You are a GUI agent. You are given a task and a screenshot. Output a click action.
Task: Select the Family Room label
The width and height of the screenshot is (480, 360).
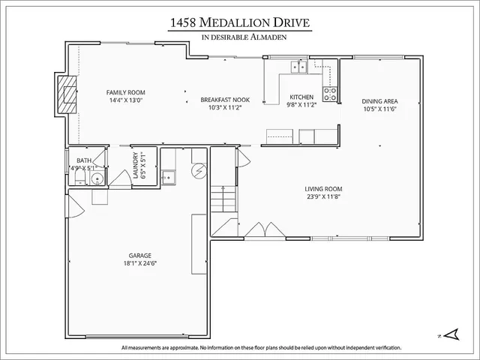point(125,92)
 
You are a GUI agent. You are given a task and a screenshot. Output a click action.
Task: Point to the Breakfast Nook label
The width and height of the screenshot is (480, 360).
point(225,100)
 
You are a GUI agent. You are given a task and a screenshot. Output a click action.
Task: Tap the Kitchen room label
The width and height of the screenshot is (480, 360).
point(301,97)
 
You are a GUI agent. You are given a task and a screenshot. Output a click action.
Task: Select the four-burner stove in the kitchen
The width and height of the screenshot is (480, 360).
point(329,94)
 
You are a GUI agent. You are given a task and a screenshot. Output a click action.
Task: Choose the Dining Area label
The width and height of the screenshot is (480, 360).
point(379,101)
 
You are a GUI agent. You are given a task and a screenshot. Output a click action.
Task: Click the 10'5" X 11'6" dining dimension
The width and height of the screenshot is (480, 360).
point(379,109)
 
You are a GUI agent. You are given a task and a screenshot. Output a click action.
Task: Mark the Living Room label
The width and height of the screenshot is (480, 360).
point(323,189)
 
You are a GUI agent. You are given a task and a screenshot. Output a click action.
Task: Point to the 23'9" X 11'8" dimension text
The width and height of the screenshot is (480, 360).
point(323,197)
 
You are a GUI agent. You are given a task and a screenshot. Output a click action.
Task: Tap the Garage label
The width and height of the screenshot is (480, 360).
point(139,255)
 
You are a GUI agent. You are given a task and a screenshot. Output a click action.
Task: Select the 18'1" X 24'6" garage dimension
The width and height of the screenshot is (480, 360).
point(139,263)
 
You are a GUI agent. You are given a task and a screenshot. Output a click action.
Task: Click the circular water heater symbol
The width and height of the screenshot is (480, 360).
point(199,170)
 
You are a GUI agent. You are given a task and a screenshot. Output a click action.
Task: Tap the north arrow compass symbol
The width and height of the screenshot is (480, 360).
point(451,334)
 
